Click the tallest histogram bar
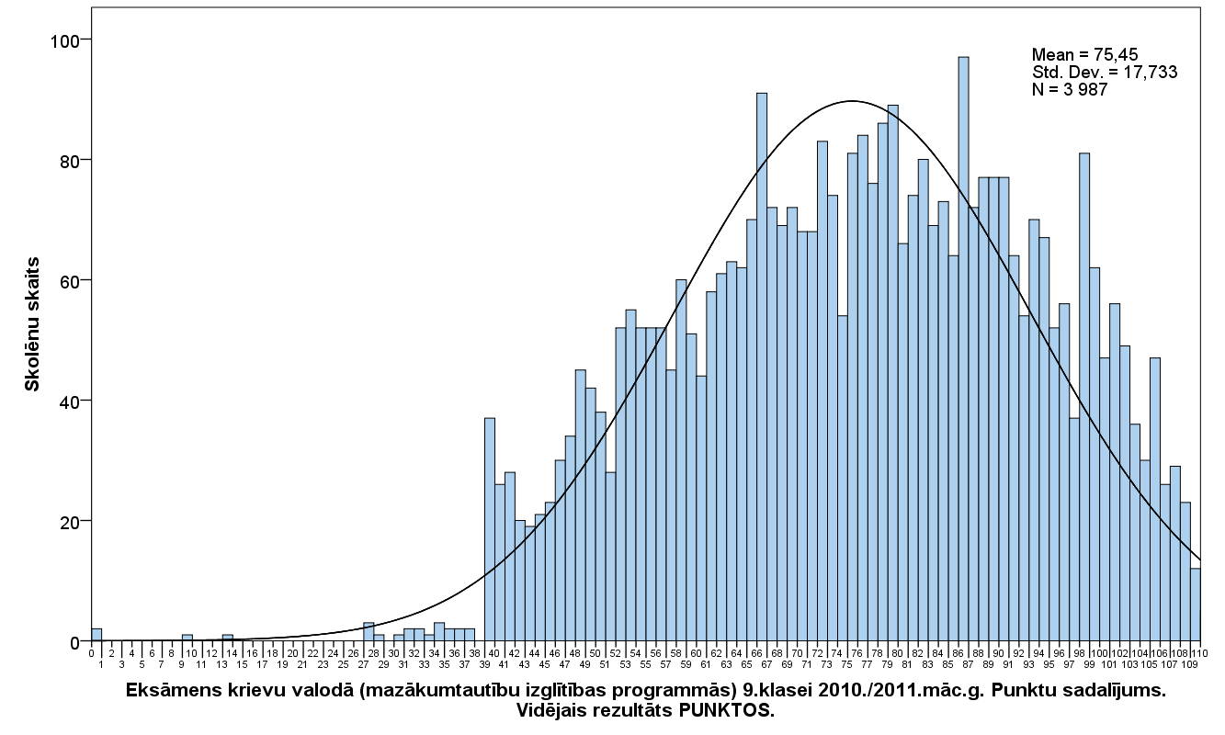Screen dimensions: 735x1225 963,349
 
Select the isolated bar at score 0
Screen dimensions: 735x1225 96,635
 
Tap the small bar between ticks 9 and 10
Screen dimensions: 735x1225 187,638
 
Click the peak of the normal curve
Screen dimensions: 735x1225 851,101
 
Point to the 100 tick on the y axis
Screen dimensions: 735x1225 88,40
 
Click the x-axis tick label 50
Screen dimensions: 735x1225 595,652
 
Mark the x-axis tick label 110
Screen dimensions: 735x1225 1199,652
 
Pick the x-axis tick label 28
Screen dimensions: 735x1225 373,652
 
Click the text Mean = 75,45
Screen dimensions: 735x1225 1084,54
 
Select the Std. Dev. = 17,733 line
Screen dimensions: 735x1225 1104,72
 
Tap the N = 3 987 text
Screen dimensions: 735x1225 1070,89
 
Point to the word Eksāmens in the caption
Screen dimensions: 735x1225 170,691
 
